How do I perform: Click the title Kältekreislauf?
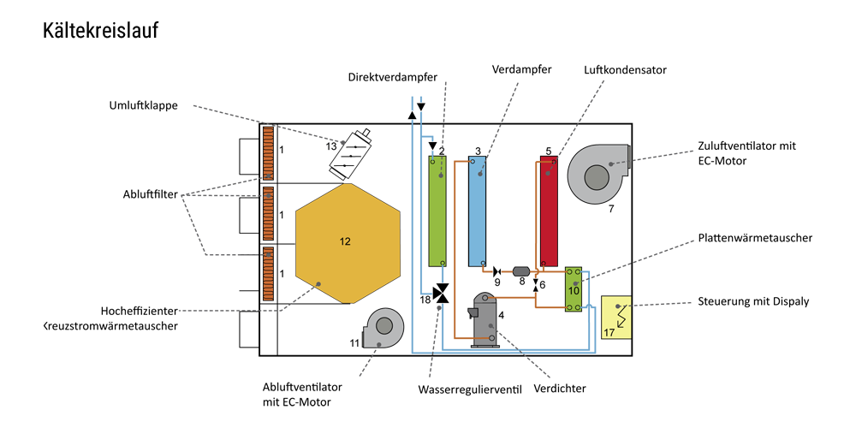[x=100, y=31]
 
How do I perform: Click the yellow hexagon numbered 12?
[x=348, y=243]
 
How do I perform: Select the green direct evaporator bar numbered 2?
[x=437, y=211]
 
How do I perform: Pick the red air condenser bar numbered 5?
[x=550, y=211]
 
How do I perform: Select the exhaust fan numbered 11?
[x=382, y=326]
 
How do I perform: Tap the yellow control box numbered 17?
[x=615, y=318]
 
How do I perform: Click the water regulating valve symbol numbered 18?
[x=441, y=294]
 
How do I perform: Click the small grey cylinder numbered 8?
[x=521, y=270]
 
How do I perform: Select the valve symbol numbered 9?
[x=497, y=270]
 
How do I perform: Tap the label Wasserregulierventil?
[x=470, y=389]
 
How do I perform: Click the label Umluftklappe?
[x=144, y=106]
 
